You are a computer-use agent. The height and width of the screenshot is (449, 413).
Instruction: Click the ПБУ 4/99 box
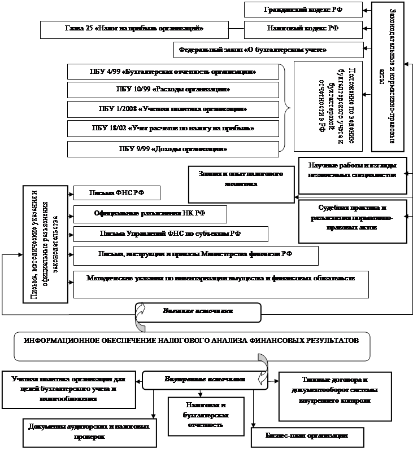173,72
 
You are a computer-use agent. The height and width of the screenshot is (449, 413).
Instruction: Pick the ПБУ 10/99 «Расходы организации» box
173,90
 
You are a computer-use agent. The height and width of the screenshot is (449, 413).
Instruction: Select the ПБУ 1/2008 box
173,108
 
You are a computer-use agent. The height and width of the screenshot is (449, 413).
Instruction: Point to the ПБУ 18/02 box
173,129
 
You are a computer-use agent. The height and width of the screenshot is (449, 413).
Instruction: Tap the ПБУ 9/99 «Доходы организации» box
173,149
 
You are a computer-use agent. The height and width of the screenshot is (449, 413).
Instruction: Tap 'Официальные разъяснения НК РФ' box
150,214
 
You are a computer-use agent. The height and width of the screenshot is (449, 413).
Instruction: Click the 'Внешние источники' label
198,311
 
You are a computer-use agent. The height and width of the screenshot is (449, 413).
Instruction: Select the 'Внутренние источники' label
205,380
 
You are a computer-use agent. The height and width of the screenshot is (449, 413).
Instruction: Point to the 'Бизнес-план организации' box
307,436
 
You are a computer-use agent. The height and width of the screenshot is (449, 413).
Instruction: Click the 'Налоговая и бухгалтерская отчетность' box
206,414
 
